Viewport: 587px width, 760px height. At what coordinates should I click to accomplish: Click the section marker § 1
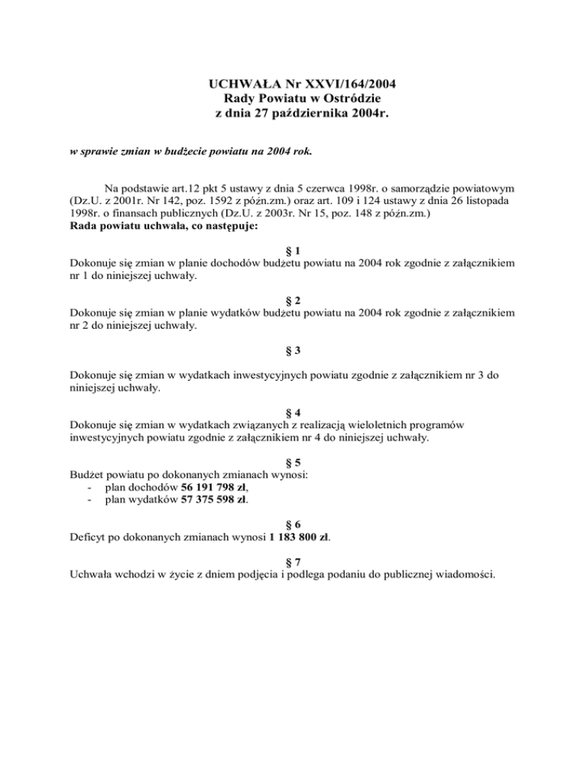(x=293, y=249)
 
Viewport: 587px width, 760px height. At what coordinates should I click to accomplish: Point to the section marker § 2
(x=293, y=300)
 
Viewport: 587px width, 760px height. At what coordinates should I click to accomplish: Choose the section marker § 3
(x=293, y=350)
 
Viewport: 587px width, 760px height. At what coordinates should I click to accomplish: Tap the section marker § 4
(x=293, y=412)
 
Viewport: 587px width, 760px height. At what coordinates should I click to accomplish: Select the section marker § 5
(x=293, y=463)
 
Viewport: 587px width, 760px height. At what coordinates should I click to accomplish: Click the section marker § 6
(x=293, y=525)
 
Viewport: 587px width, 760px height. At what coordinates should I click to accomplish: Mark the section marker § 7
(x=293, y=560)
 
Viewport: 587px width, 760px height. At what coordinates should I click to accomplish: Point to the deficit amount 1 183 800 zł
(x=299, y=537)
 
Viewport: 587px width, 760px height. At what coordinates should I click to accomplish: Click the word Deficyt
(x=88, y=537)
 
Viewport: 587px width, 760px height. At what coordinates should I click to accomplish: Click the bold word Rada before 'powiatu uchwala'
(x=83, y=227)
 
